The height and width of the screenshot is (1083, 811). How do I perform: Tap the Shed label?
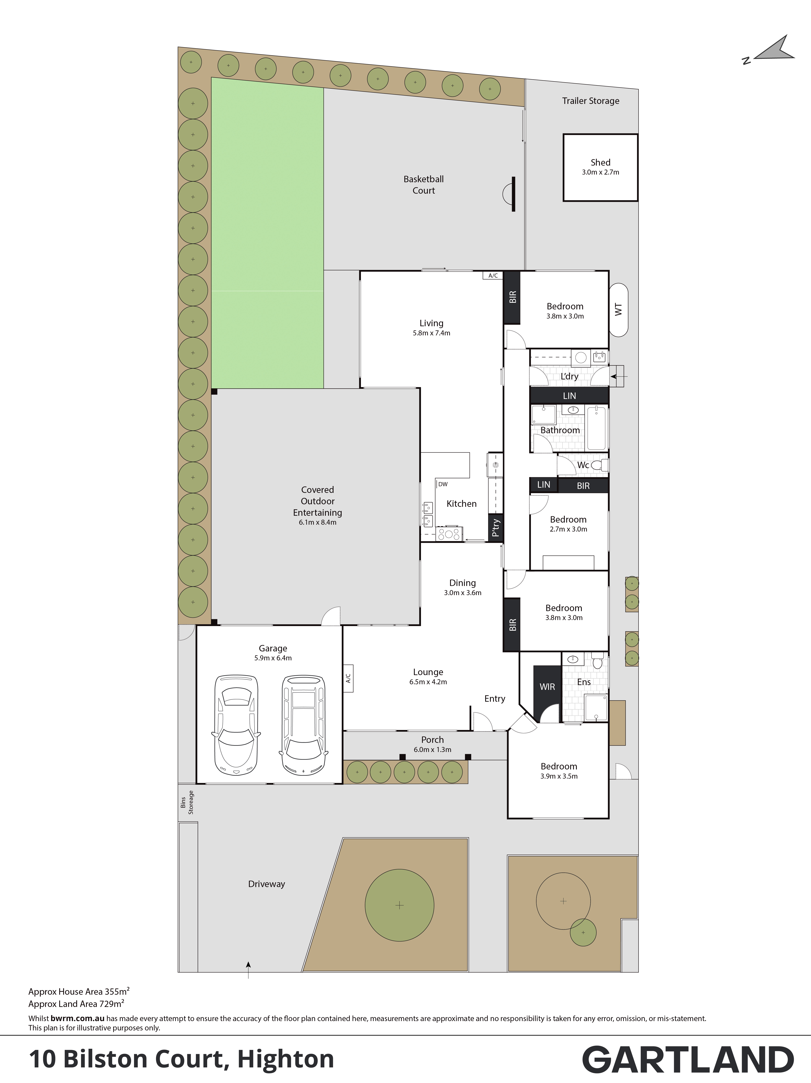pos(601,162)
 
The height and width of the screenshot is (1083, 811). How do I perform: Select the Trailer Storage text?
pos(591,101)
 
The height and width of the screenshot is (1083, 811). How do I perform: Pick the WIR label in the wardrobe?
pos(547,687)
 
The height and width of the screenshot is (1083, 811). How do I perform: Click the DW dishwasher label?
pos(443,484)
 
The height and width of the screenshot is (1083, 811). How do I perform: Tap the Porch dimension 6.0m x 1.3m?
pos(432,749)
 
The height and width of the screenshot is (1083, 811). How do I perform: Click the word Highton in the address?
pos(286,1059)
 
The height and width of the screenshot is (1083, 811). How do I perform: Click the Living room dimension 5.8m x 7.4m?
pos(431,333)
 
